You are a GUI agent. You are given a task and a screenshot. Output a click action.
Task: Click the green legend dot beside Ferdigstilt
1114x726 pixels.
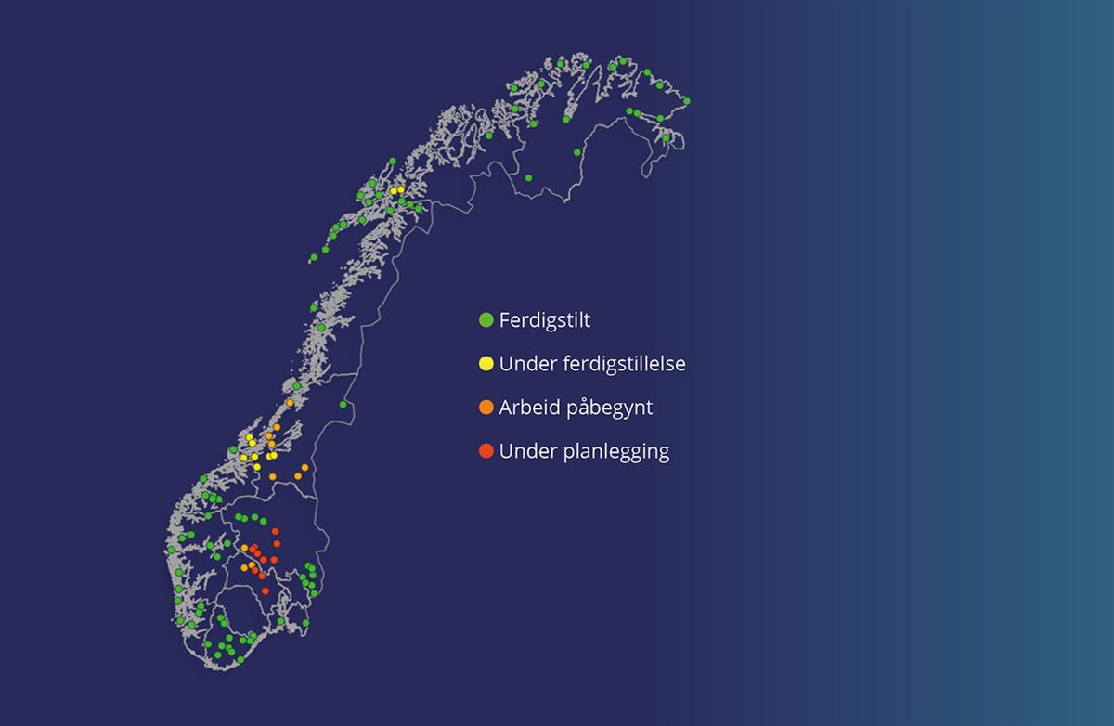[x=486, y=320]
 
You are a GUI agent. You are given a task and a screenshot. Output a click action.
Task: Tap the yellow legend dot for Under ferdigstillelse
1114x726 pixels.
[x=486, y=364]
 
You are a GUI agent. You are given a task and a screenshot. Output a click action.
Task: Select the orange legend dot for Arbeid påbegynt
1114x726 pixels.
[x=486, y=408]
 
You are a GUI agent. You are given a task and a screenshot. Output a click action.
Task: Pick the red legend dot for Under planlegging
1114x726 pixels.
[x=486, y=451]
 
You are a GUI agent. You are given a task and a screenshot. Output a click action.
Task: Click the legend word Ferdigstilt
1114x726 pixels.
[x=545, y=320]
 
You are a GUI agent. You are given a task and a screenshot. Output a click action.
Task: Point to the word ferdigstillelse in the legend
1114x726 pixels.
[x=625, y=364]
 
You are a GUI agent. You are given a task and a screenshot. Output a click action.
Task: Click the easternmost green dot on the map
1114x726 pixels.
[x=687, y=101]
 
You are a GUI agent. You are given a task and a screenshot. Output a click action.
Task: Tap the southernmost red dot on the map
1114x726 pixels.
[x=266, y=590]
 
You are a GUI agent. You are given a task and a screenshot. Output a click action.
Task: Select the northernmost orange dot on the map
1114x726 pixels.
[x=290, y=403]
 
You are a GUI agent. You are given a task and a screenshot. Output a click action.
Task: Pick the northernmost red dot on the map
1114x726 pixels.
[x=275, y=531]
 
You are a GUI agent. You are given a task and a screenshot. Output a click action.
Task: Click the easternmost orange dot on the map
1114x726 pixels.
[x=304, y=467]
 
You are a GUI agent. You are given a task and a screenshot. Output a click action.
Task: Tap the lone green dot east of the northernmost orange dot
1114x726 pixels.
[x=343, y=405]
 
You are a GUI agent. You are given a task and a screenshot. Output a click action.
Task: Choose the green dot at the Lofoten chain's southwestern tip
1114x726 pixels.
[x=314, y=257]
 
